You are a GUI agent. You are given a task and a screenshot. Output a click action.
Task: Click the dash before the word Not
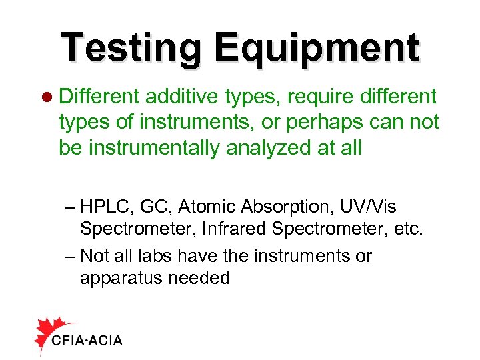click(70, 256)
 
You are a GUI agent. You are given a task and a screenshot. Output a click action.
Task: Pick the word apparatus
click(117, 278)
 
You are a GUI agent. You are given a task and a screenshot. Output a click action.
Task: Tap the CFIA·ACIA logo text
click(87, 340)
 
